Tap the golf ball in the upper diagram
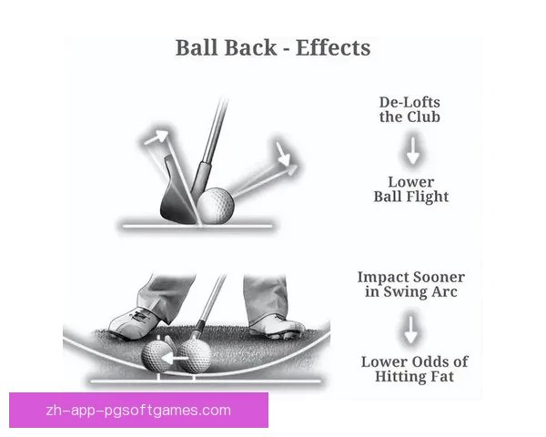click(x=216, y=205)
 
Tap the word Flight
click(x=428, y=196)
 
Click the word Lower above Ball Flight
click(x=411, y=181)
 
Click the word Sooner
click(x=439, y=277)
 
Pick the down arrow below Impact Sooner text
click(x=412, y=329)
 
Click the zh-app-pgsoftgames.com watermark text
click(x=137, y=411)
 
